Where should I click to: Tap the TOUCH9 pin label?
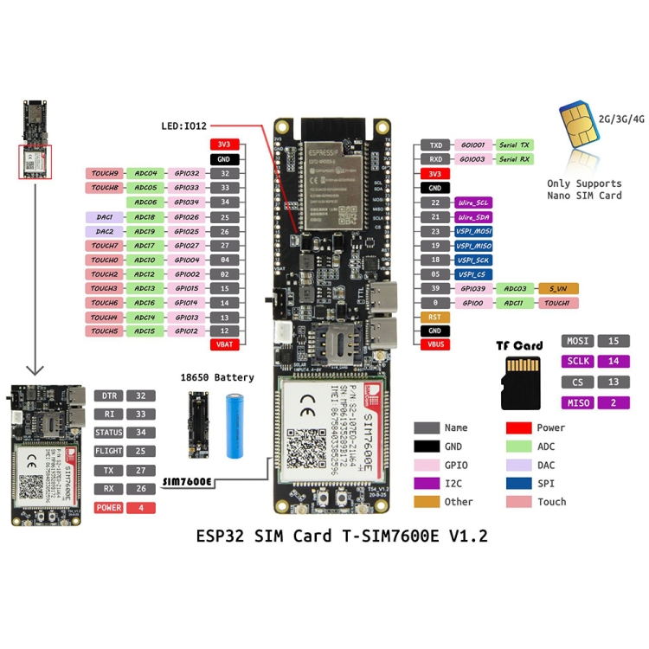(x=104, y=173)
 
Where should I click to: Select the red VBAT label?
(x=224, y=344)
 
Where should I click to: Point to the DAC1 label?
(x=104, y=217)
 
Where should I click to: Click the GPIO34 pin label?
(x=187, y=202)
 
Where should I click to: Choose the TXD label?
(x=436, y=145)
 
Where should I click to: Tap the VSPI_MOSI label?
(x=474, y=231)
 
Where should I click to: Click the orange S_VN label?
(x=557, y=288)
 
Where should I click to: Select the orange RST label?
(x=434, y=317)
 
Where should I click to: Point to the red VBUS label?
(x=434, y=344)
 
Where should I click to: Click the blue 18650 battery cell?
(x=238, y=427)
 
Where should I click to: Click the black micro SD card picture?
(x=521, y=381)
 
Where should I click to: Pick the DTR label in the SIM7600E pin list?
(x=109, y=395)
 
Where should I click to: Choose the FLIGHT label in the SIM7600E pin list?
(x=109, y=451)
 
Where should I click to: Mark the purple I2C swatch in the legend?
(x=427, y=483)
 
